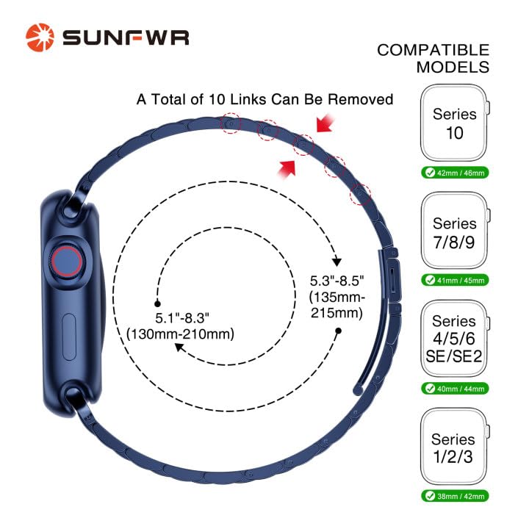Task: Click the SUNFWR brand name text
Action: click(x=125, y=37)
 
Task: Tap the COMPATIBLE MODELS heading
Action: click(x=433, y=59)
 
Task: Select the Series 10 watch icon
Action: click(x=453, y=123)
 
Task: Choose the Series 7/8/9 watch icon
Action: click(x=453, y=232)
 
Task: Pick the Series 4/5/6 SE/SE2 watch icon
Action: click(x=453, y=339)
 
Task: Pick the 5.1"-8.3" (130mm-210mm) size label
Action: click(x=180, y=326)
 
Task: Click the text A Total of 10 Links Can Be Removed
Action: click(x=265, y=99)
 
